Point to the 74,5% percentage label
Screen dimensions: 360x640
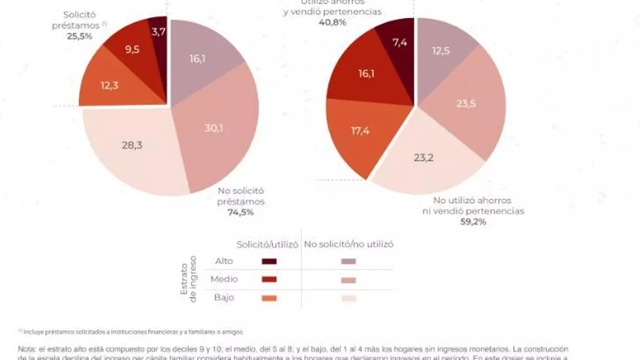click(x=240, y=212)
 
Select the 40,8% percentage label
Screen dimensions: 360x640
click(x=332, y=22)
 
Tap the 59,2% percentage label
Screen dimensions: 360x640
click(x=473, y=222)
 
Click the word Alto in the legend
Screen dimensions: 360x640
click(x=223, y=261)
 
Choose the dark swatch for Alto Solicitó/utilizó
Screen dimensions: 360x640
click(x=270, y=261)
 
